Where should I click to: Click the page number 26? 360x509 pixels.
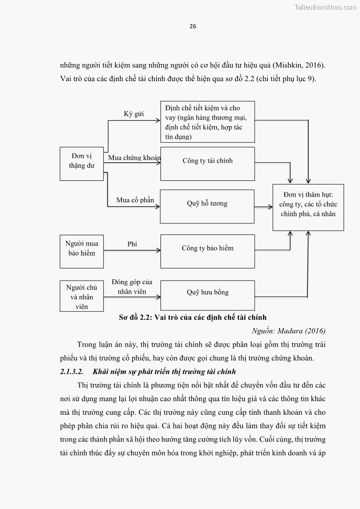[193, 26]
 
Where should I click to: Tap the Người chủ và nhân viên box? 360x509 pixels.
[82, 296]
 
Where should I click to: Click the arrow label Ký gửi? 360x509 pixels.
[134, 114]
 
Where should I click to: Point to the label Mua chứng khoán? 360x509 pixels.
[134, 158]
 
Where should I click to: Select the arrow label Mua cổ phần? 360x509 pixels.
[135, 200]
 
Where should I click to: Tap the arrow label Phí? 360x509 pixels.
[132, 244]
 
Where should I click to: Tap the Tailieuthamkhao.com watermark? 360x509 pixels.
[325, 7]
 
